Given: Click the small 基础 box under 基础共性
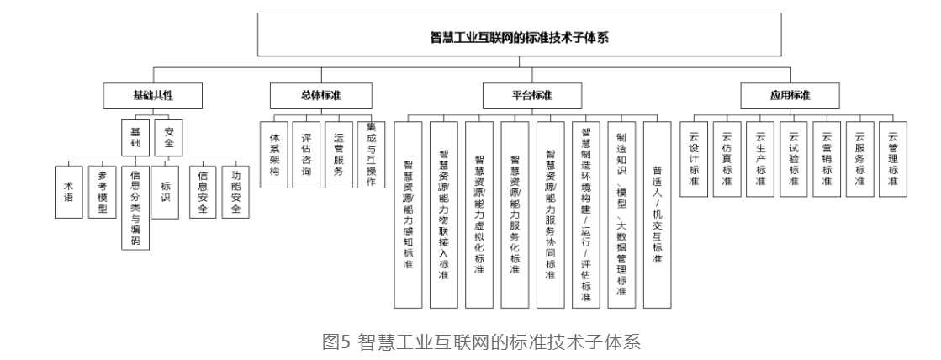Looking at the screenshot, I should (135, 136).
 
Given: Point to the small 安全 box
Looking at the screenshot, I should (168, 136).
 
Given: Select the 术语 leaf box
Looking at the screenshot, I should (67, 192).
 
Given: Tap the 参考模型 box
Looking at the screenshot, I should (101, 192).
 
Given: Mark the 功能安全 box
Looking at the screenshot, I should (235, 192).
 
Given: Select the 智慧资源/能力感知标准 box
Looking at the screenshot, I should (408, 214).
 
